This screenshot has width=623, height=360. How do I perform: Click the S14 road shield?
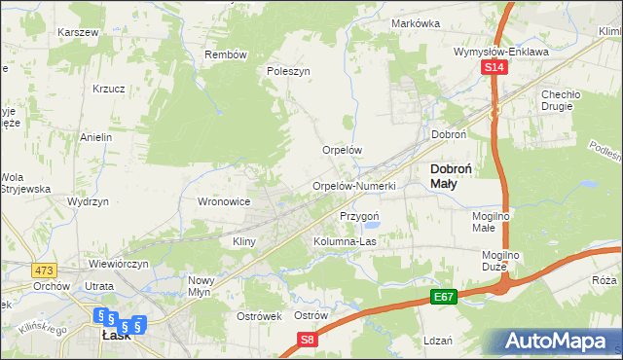tap(495, 67)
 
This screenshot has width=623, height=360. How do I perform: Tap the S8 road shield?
tap(308, 339)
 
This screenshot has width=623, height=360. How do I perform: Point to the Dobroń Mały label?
tap(451, 174)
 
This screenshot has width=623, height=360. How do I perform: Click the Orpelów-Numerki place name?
tap(353, 186)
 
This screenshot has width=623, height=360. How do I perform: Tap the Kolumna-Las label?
tap(345, 241)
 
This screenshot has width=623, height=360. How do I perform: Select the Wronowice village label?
tap(225, 201)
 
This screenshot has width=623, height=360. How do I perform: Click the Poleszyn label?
tap(288, 71)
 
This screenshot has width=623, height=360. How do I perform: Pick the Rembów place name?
tap(226, 54)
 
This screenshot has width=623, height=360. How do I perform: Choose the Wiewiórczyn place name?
tap(119, 264)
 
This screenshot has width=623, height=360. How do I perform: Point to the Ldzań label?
tap(438, 341)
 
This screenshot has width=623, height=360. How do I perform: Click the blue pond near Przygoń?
tap(375, 226)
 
